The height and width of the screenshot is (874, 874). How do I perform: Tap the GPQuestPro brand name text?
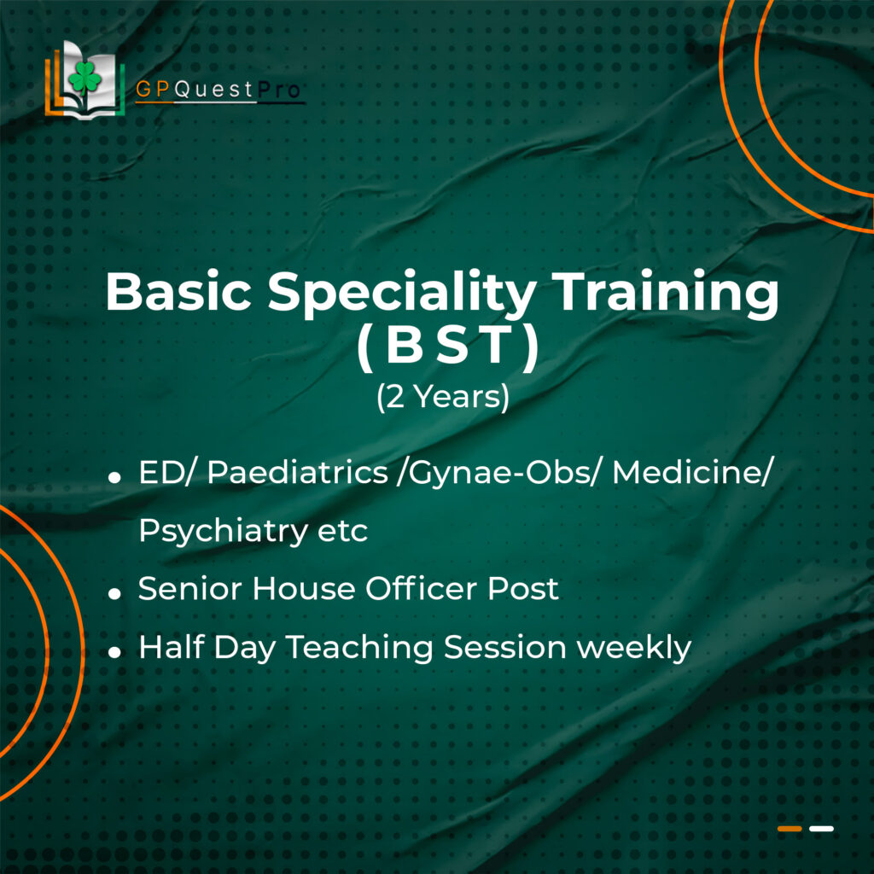[218, 89]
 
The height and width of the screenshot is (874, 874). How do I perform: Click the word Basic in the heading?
[178, 292]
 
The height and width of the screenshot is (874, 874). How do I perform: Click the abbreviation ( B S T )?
[448, 346]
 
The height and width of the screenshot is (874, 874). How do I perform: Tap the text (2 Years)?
[443, 396]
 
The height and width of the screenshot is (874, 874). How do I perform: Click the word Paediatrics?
[298, 472]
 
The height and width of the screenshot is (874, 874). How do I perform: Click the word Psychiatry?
[223, 531]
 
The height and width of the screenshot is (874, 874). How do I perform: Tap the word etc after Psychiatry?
[342, 531]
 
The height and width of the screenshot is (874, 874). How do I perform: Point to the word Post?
[523, 589]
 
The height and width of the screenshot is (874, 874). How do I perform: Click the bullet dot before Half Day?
[115, 651]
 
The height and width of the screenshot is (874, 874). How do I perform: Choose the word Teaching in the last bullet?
[359, 649]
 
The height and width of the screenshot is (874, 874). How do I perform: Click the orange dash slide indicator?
[790, 829]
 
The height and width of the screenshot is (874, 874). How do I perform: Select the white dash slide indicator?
[822, 829]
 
